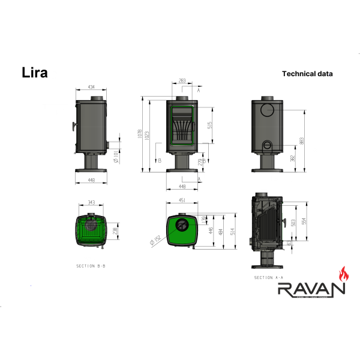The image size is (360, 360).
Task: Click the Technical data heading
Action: pos(307,74)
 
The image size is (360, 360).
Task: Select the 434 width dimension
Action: pos(91,88)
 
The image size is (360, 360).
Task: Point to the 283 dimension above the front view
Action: pos(182,80)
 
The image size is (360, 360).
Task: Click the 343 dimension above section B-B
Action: pos(91,202)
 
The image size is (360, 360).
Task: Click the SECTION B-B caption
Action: pos(91,265)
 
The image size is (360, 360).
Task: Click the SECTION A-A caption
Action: pos(268,278)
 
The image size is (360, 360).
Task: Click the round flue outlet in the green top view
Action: pos(181,226)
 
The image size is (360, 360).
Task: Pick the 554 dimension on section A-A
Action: pos(304,221)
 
